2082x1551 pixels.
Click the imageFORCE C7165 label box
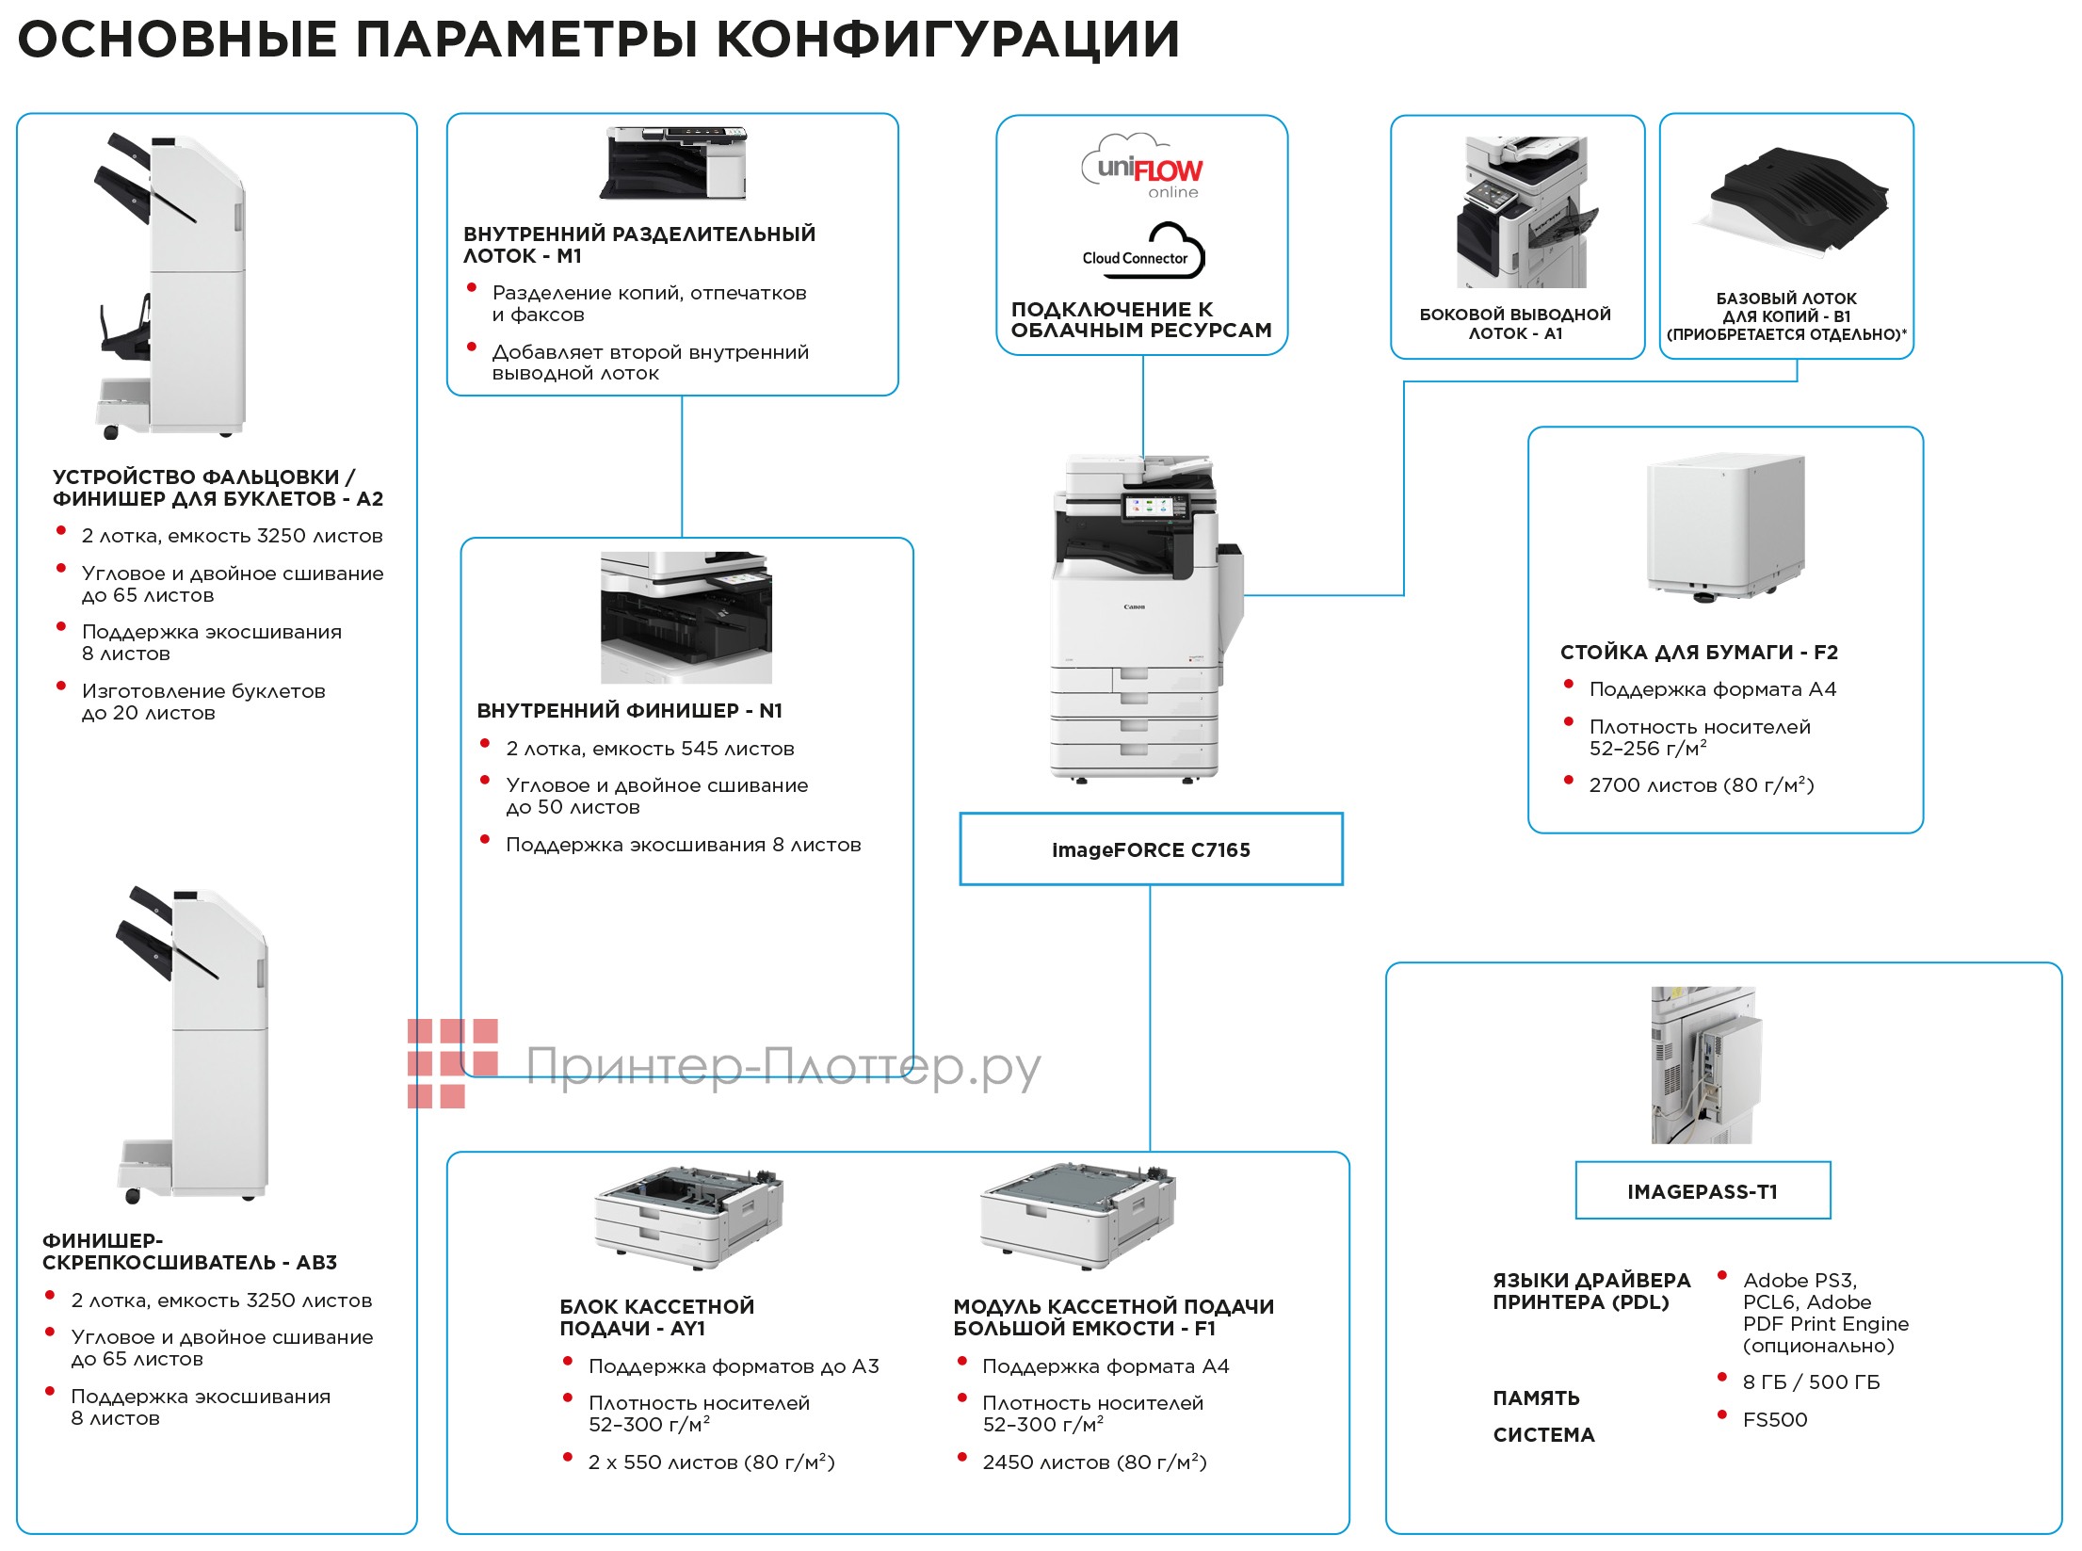[1150, 849]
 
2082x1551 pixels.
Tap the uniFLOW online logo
[1141, 170]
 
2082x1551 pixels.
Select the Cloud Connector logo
[1143, 252]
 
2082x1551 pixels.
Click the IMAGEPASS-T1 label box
[1702, 1191]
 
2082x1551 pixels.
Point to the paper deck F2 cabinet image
[1724, 527]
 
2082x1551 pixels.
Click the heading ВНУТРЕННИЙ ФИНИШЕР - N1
[629, 711]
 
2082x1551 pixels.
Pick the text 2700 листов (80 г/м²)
[1701, 785]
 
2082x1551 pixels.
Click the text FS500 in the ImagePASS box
[1774, 1420]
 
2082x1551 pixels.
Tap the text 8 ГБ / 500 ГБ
[1810, 1382]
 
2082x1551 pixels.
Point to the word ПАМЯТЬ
[1536, 1398]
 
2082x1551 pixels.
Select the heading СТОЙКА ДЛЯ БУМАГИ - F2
[1699, 653]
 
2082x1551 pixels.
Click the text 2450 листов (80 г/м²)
[1093, 1462]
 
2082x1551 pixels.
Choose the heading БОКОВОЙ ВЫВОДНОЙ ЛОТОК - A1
[1515, 324]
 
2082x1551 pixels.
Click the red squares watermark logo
[451, 1062]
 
